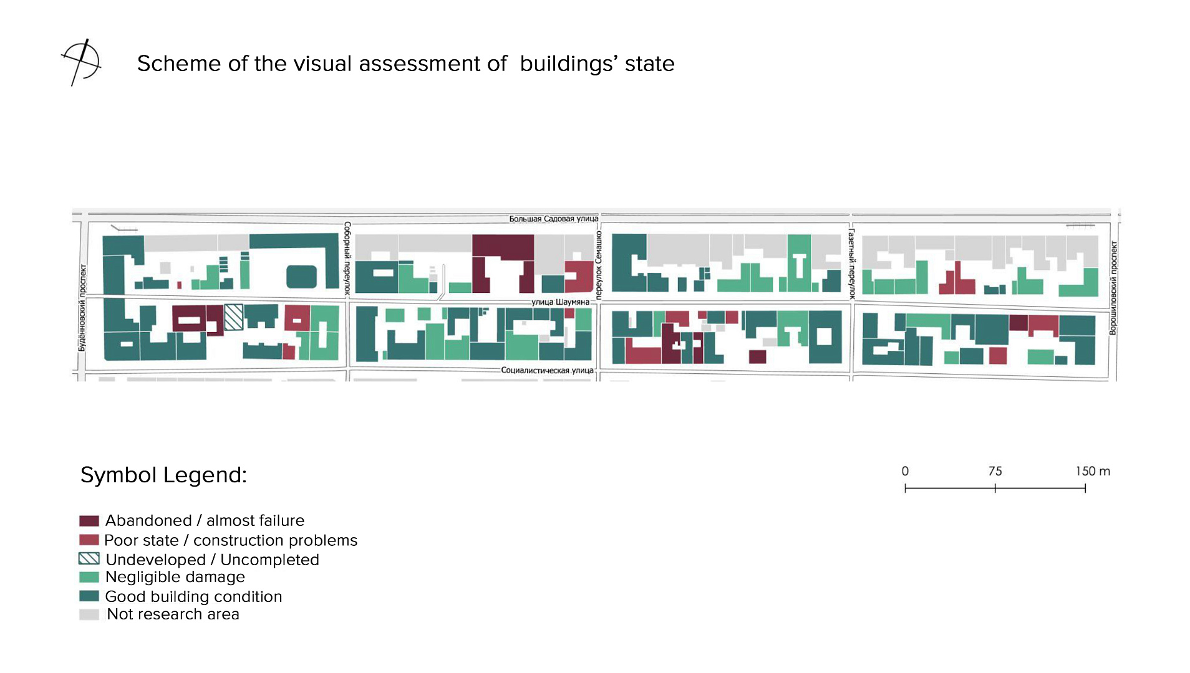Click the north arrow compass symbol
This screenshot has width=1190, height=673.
click(x=82, y=62)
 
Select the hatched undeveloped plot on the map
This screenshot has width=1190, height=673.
click(x=234, y=317)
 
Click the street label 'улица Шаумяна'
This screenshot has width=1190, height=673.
click(x=560, y=302)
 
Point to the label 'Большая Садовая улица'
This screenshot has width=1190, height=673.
click(x=553, y=219)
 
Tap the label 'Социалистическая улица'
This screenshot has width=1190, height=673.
click(x=547, y=370)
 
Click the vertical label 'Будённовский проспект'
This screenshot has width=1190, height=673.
click(x=82, y=308)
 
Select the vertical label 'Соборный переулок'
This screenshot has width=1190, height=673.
click(x=347, y=258)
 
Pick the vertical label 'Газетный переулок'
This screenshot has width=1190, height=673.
click(x=851, y=264)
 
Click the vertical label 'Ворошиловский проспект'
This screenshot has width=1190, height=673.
click(x=1113, y=288)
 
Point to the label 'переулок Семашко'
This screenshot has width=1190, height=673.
click(x=599, y=265)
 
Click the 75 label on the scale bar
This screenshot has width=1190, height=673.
click(x=995, y=471)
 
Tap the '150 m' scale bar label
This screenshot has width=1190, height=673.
click(x=1093, y=471)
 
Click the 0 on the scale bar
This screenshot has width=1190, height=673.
click(x=905, y=471)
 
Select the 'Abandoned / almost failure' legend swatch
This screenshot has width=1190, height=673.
click(x=89, y=521)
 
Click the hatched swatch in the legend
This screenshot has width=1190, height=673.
click(x=89, y=558)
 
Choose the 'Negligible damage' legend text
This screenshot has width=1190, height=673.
click(x=175, y=577)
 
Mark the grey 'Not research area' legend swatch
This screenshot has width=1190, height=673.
click(x=89, y=614)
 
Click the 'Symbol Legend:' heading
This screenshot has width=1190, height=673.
click(x=163, y=475)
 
